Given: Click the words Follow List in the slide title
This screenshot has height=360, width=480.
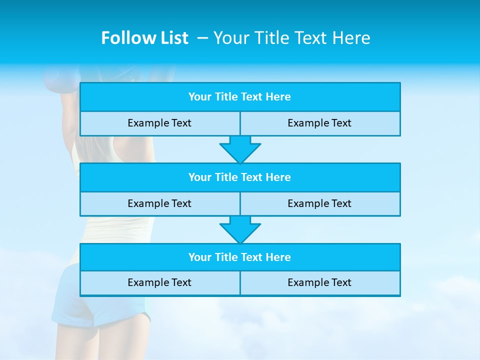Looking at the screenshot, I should (x=144, y=38).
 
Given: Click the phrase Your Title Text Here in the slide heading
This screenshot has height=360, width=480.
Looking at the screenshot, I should (x=291, y=38).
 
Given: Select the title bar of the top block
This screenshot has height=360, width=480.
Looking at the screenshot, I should (x=240, y=97).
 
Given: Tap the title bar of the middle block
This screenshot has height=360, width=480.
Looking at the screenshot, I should (x=240, y=177).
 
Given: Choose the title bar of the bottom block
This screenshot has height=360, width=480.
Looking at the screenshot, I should (x=240, y=257).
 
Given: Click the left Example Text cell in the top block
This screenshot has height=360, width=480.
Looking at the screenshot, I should (x=159, y=123).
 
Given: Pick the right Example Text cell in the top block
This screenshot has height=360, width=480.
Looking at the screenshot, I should (x=319, y=123).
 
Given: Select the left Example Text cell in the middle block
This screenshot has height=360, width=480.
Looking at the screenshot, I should (x=159, y=203).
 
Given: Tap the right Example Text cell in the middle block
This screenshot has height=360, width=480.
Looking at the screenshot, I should (x=319, y=203).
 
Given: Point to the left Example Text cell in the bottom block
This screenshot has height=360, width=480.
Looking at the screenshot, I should (x=159, y=283).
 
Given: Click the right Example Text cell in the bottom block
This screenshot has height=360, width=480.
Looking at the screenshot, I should (x=319, y=283).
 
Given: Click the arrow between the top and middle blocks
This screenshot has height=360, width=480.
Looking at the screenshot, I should (x=240, y=149).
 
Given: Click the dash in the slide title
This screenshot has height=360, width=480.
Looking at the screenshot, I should (x=202, y=38).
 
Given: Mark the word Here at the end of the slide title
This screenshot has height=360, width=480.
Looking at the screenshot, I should (x=353, y=38).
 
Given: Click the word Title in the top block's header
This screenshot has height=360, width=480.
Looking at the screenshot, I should (x=226, y=97).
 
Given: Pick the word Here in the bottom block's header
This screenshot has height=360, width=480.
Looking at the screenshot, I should (x=278, y=257).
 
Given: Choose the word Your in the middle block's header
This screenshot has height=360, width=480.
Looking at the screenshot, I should (x=200, y=177).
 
